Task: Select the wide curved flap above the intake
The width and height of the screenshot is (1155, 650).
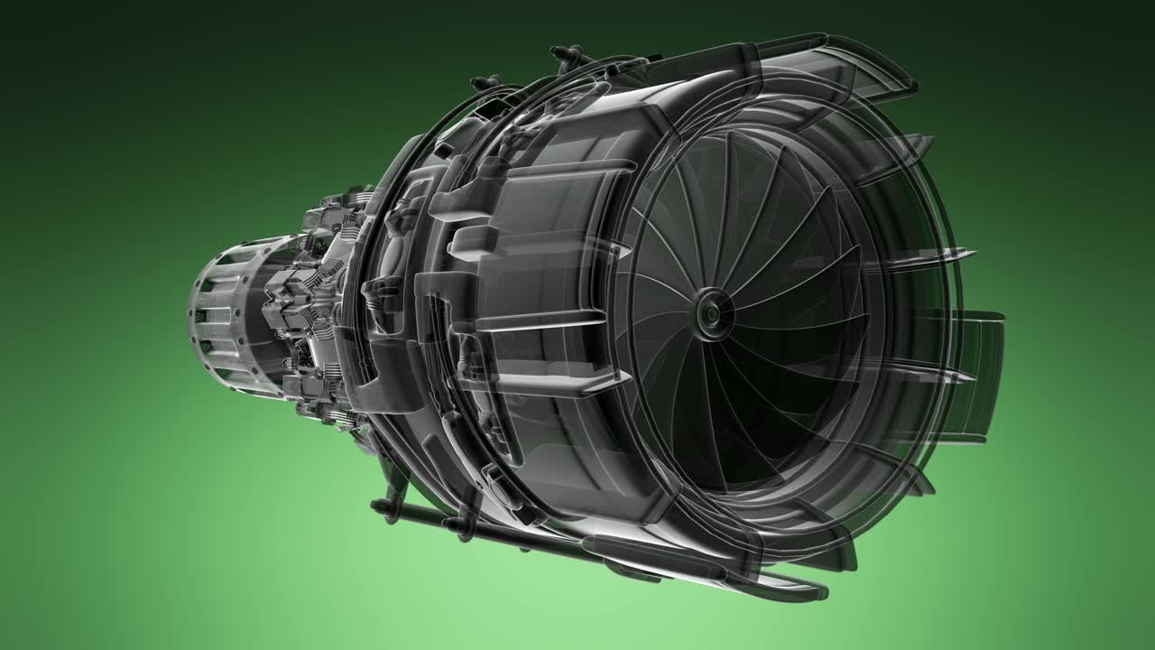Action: [866, 68]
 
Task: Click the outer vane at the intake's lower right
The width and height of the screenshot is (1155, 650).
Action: [902, 469]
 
